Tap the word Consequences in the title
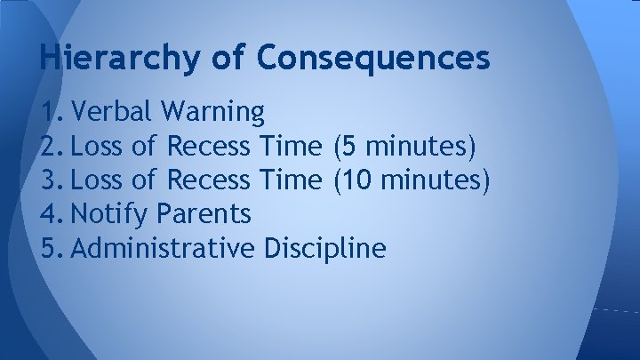click(x=373, y=58)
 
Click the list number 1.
click(x=52, y=111)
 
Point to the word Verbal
click(x=113, y=111)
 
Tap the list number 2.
click(x=52, y=146)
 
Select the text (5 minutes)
click(x=404, y=146)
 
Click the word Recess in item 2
click(x=209, y=146)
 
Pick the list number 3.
click(x=52, y=180)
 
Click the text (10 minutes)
click(x=410, y=180)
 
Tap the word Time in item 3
click(x=291, y=180)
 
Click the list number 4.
click(x=52, y=214)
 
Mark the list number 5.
click(x=52, y=248)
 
